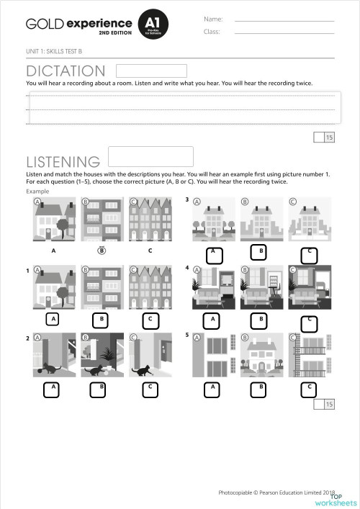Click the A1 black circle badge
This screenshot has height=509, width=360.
click(x=152, y=27)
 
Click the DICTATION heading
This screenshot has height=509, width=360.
click(x=66, y=71)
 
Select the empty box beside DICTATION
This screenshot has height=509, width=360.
click(x=151, y=71)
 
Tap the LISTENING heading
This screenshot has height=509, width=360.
click(x=63, y=161)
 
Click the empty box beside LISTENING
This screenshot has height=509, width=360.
click(x=150, y=156)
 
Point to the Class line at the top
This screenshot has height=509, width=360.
click(x=284, y=32)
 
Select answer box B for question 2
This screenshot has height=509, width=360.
click(x=102, y=389)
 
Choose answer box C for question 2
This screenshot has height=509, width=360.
click(x=149, y=389)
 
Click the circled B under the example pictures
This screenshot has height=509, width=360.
click(x=102, y=251)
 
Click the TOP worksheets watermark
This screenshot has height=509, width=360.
click(x=343, y=500)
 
